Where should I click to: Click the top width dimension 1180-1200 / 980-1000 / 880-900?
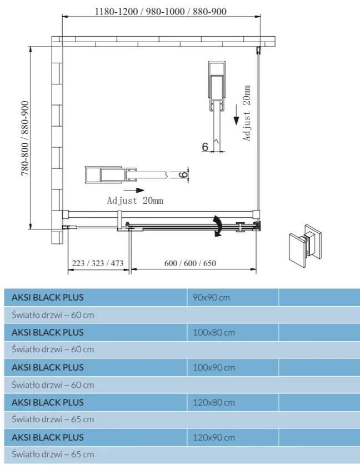click(x=160, y=12)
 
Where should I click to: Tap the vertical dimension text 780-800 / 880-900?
click(x=26, y=138)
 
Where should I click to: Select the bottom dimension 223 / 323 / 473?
click(x=97, y=263)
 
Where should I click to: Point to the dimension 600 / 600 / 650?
click(x=190, y=263)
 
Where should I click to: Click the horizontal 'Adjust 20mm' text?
click(x=135, y=201)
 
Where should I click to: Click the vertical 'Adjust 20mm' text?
click(x=247, y=113)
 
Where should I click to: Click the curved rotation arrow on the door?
click(x=217, y=226)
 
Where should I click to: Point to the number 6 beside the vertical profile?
click(x=205, y=147)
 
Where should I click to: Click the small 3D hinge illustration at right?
click(x=303, y=243)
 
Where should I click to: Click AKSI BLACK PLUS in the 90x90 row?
click(x=48, y=297)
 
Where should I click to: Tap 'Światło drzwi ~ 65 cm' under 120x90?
click(x=53, y=454)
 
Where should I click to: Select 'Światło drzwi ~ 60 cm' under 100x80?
click(x=53, y=349)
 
